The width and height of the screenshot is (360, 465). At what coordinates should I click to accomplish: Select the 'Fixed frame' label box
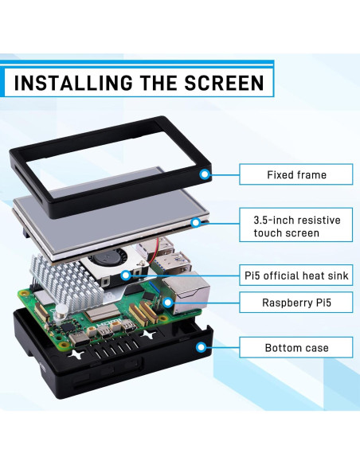coord(295,174)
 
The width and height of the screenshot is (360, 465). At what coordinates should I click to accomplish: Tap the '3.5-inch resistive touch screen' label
coord(295,225)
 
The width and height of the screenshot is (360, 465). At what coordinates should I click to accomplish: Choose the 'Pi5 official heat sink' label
coord(295,276)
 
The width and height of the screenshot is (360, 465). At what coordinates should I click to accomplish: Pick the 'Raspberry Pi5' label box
coord(295,303)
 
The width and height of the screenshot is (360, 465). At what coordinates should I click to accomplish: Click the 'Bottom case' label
coord(295,348)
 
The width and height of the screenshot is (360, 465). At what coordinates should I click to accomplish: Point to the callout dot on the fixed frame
coord(205,174)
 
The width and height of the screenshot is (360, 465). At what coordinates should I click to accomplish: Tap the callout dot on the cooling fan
coord(126,275)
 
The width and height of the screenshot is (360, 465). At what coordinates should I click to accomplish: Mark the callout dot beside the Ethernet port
coord(168,303)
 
